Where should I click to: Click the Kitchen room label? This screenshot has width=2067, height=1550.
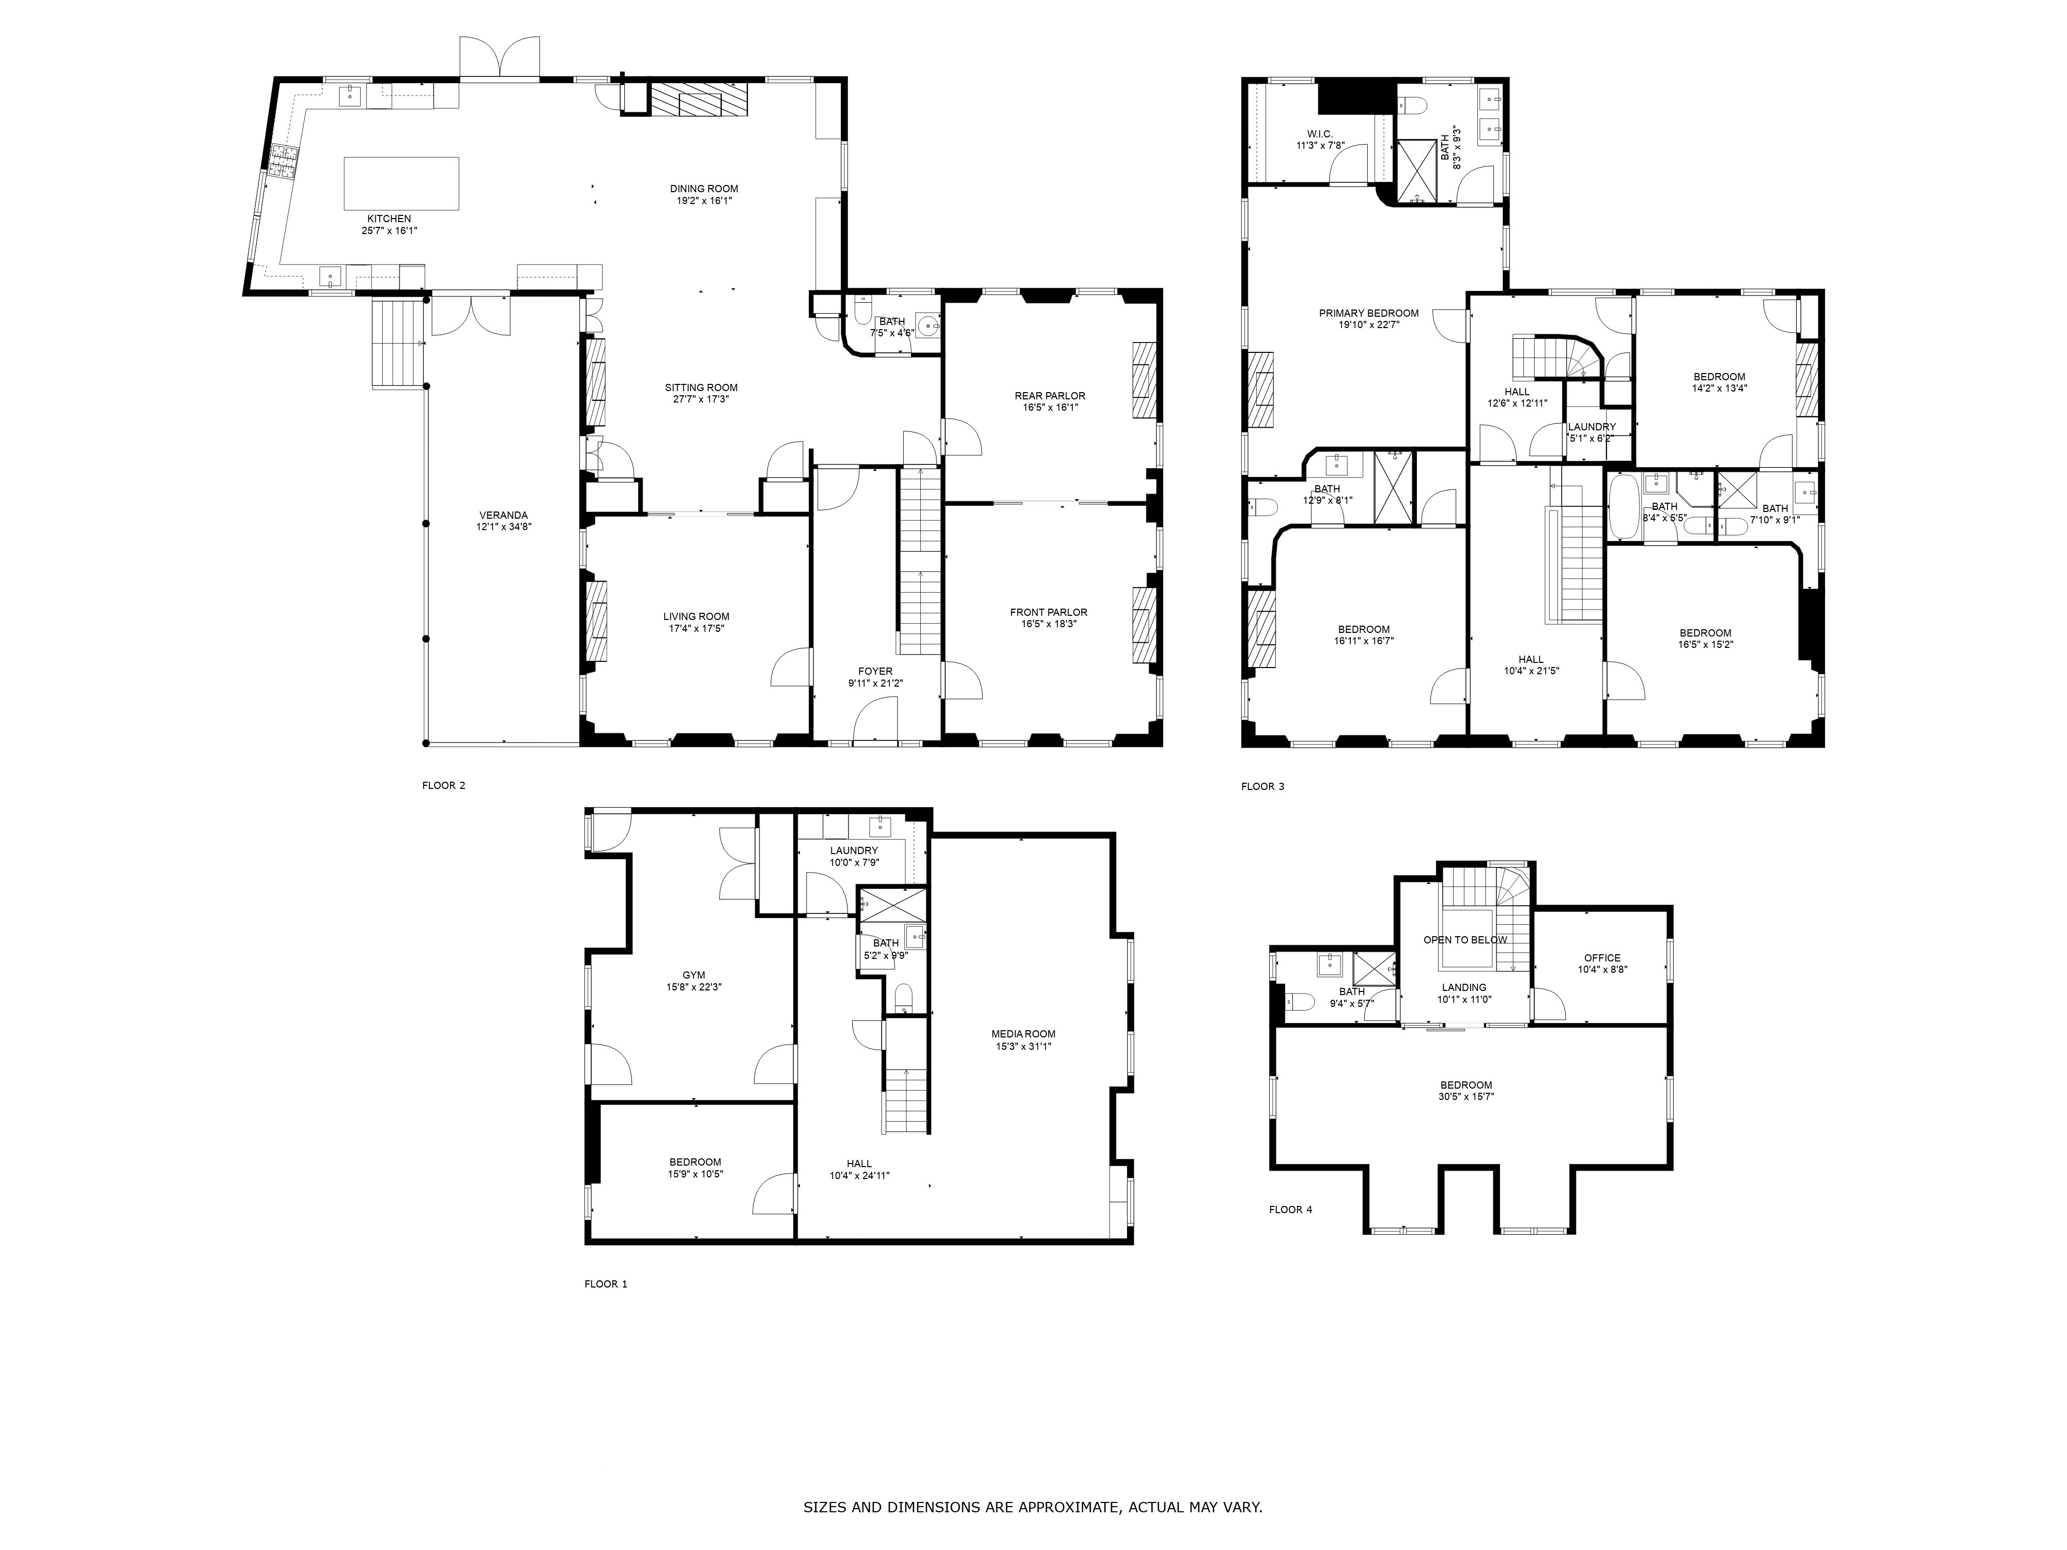click(x=389, y=219)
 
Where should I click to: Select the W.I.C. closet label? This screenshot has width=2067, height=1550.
click(x=1319, y=134)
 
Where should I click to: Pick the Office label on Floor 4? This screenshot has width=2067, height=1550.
click(x=1601, y=958)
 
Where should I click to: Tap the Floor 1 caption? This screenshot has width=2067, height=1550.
click(x=606, y=1284)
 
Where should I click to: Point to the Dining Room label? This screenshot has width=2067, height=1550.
click(x=704, y=189)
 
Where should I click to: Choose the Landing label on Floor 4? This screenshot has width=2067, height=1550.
click(x=1463, y=987)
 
